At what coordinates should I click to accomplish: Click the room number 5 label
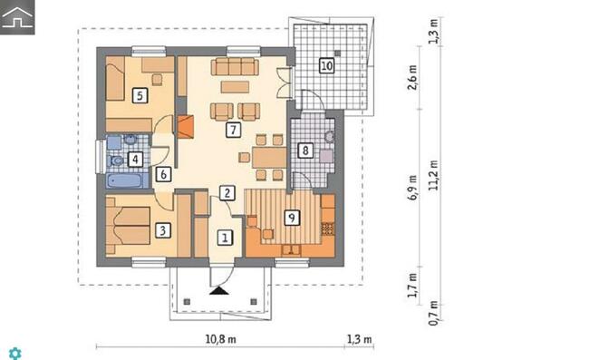click(140, 95)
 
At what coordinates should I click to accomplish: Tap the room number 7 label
click(233, 130)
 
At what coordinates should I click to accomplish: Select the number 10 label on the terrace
click(326, 66)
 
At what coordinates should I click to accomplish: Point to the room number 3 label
click(163, 230)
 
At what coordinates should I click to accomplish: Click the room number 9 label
click(292, 218)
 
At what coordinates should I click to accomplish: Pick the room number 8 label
click(305, 151)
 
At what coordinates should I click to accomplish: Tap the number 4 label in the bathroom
click(135, 160)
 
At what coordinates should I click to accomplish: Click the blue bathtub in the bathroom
click(124, 180)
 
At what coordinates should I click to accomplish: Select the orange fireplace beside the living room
click(186, 127)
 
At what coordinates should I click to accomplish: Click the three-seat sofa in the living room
click(236, 66)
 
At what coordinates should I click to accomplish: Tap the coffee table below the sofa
click(235, 87)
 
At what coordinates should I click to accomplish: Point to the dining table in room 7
click(269, 158)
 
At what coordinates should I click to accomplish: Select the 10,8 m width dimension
click(221, 339)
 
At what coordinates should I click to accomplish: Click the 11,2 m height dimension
click(434, 175)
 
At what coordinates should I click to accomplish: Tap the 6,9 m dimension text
click(413, 187)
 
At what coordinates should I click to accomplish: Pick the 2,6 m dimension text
click(412, 77)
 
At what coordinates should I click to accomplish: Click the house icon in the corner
click(17, 17)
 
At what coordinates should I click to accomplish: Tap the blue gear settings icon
click(15, 354)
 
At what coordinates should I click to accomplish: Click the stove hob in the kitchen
click(328, 229)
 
